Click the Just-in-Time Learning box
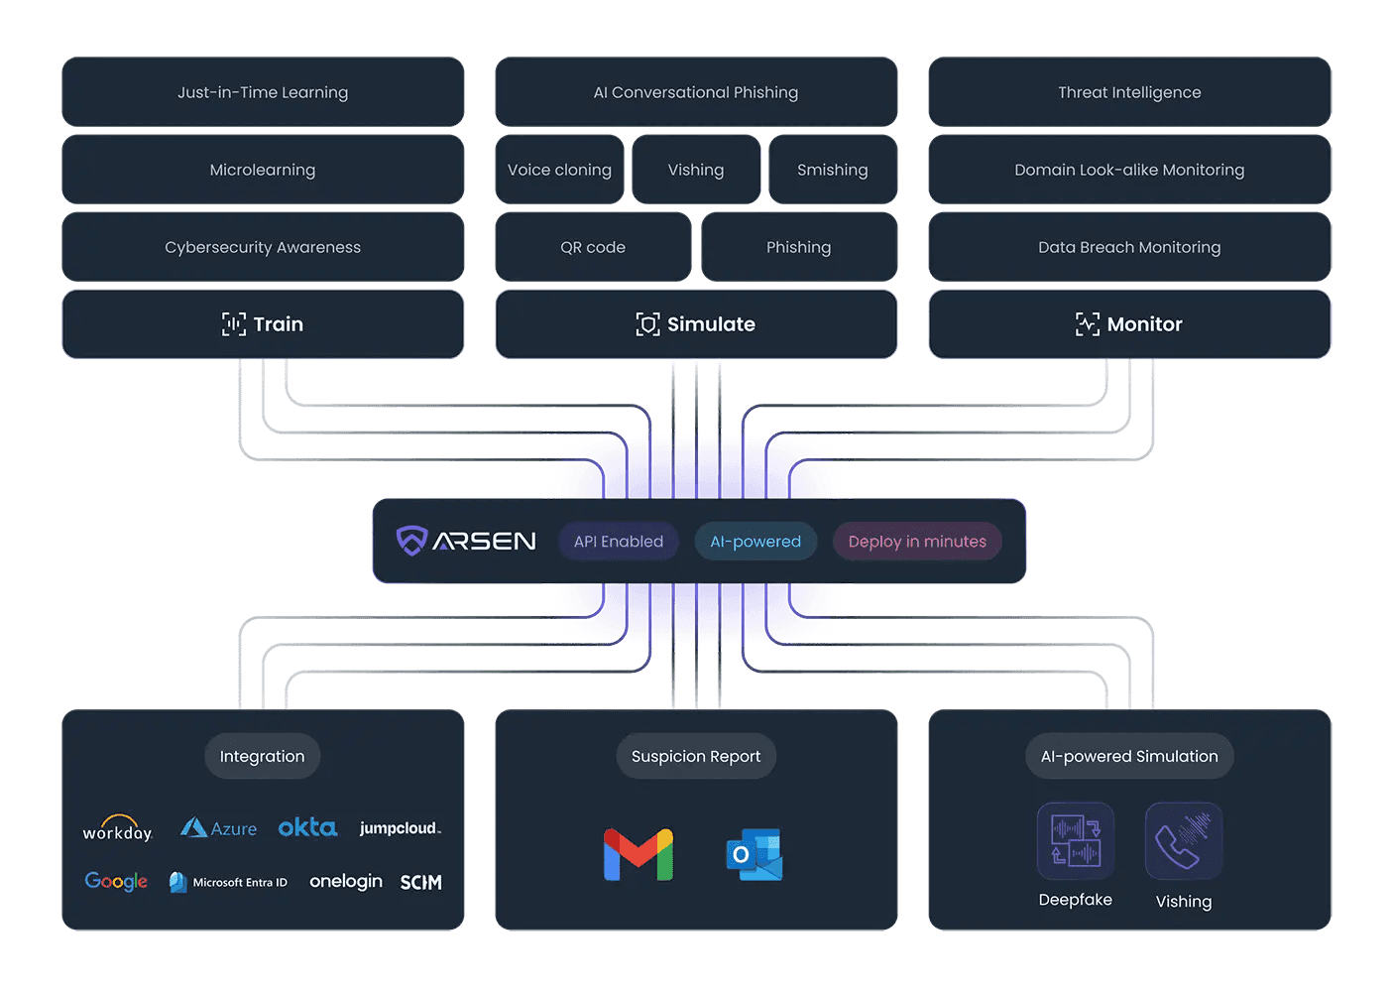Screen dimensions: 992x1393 [x=263, y=92]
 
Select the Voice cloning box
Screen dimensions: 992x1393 [x=559, y=170]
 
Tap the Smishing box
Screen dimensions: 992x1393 [x=833, y=170]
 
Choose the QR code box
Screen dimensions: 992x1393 [x=593, y=247]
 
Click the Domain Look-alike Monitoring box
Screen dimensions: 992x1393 [x=1129, y=170]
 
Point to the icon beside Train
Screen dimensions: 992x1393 [x=234, y=324]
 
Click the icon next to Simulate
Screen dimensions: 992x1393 [x=647, y=324]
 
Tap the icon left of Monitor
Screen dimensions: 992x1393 [x=1088, y=324]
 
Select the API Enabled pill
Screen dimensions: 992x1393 [x=619, y=542]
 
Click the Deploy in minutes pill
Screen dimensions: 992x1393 [x=917, y=542]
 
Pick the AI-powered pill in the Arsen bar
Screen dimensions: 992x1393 [x=755, y=542]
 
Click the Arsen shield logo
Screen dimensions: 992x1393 [x=411, y=541]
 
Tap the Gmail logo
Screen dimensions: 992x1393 [x=638, y=854]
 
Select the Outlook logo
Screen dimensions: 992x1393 [x=755, y=854]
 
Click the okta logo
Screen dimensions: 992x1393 [x=307, y=827]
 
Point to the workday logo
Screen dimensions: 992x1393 [x=117, y=829]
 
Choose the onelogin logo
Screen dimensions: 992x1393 [x=346, y=882]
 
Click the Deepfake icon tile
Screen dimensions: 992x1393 [x=1076, y=841]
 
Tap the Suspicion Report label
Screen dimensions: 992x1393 [x=696, y=756]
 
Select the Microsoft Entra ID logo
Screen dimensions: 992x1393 [x=229, y=882]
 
